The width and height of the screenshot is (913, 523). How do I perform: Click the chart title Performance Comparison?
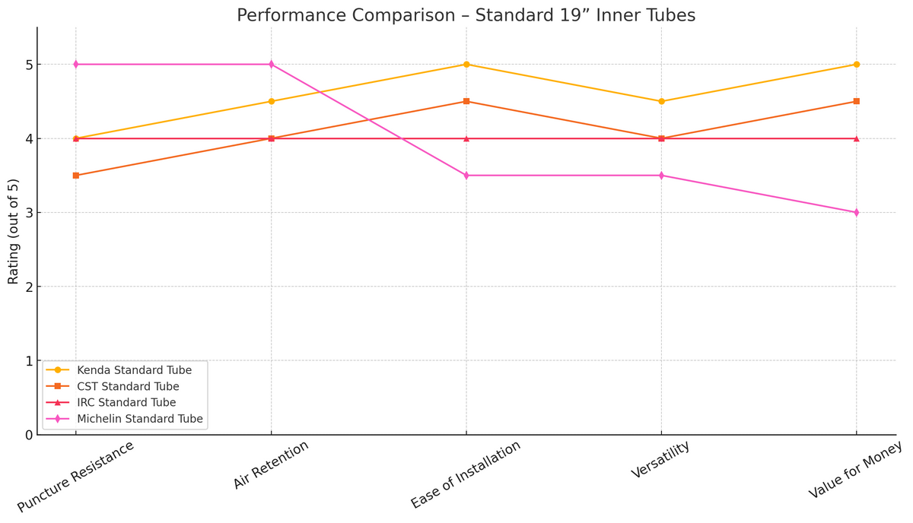[466, 15]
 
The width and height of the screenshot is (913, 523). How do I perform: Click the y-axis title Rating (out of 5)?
[14, 231]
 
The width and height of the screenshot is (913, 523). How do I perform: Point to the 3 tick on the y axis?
[29, 213]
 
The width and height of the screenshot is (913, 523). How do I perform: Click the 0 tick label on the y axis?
[29, 435]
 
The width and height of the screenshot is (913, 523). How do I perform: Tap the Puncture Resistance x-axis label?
[76, 476]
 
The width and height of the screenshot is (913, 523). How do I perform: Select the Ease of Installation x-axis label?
[466, 474]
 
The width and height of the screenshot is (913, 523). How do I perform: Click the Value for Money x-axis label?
[855, 470]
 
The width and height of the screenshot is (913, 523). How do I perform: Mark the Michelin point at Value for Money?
[856, 213]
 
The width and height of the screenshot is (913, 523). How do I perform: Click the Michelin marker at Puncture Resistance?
[76, 65]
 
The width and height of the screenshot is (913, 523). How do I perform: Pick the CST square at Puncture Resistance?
[76, 176]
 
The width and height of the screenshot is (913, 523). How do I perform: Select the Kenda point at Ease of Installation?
[466, 65]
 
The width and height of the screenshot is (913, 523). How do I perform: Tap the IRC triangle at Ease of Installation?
[466, 138]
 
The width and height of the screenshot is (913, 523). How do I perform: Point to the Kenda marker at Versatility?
[661, 101]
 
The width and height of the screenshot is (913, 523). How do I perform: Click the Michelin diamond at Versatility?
[661, 176]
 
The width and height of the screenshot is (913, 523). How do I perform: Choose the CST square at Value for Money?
[856, 101]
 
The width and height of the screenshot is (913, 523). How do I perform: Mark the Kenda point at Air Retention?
[271, 101]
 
